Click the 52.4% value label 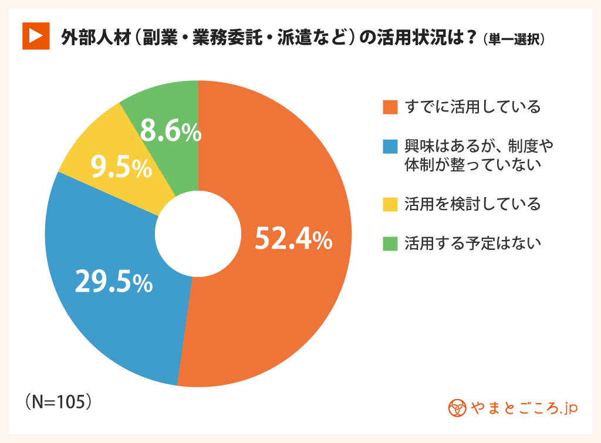pos(293,239)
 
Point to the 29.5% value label pos(114,282)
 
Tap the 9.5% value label pos(121,168)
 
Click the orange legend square pos(390,107)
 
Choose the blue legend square pos(390,145)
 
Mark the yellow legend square pos(390,204)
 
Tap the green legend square pos(390,243)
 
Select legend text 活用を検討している pos(472,204)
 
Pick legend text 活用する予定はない pos(472,243)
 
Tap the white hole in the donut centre pos(198,234)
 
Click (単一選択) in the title pos(515,39)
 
